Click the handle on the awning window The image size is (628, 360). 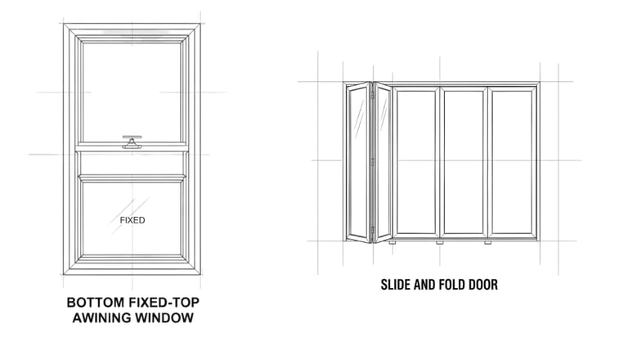coord(131,142)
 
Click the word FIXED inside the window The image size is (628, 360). coord(132,220)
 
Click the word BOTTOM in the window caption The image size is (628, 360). coord(96,302)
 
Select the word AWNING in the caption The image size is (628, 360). coord(101,317)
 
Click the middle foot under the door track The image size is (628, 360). coord(440,243)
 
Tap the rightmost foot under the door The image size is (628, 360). coord(487,243)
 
